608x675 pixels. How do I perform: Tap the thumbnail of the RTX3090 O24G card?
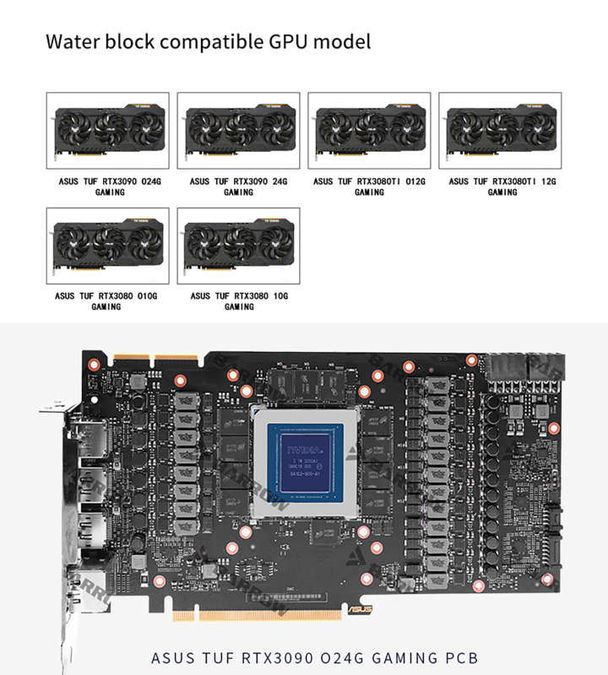tap(107, 130)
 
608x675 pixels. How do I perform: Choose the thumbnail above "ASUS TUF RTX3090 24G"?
tap(238, 130)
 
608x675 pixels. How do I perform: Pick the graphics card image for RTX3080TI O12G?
tap(369, 130)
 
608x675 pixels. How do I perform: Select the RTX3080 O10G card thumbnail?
tap(107, 246)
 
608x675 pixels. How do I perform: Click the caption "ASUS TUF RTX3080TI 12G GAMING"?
tap(502, 186)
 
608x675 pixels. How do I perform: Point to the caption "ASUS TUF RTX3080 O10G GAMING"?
tap(106, 301)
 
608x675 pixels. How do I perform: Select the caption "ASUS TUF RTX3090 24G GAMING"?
tap(238, 186)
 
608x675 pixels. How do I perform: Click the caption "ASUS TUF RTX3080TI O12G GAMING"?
tap(369, 186)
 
